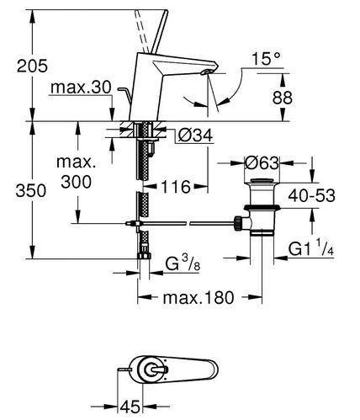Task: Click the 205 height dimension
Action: pyautogui.click(x=32, y=66)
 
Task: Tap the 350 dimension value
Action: pyautogui.click(x=31, y=191)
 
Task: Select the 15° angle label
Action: pyautogui.click(x=266, y=59)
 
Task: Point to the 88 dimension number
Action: pyautogui.click(x=283, y=98)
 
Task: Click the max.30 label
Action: pyautogui.click(x=81, y=88)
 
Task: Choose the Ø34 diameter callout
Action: pyautogui.click(x=196, y=136)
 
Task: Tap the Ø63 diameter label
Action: pyautogui.click(x=262, y=162)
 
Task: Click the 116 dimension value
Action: pyautogui.click(x=176, y=187)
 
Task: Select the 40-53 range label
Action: pyautogui.click(x=311, y=195)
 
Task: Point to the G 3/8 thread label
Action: pyautogui.click(x=183, y=263)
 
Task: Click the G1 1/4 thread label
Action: pyautogui.click(x=311, y=247)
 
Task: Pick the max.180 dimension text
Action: pyautogui.click(x=199, y=297)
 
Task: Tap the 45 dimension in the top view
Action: pyautogui.click(x=130, y=407)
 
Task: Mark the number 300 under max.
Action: pyautogui.click(x=76, y=182)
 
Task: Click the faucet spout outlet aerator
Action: pyautogui.click(x=206, y=72)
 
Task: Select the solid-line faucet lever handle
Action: pyautogui.click(x=160, y=31)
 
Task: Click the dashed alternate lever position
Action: pyautogui.click(x=141, y=31)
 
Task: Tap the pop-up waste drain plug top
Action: pyautogui.click(x=262, y=181)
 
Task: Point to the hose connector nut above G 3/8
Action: pyautogui.click(x=144, y=255)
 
